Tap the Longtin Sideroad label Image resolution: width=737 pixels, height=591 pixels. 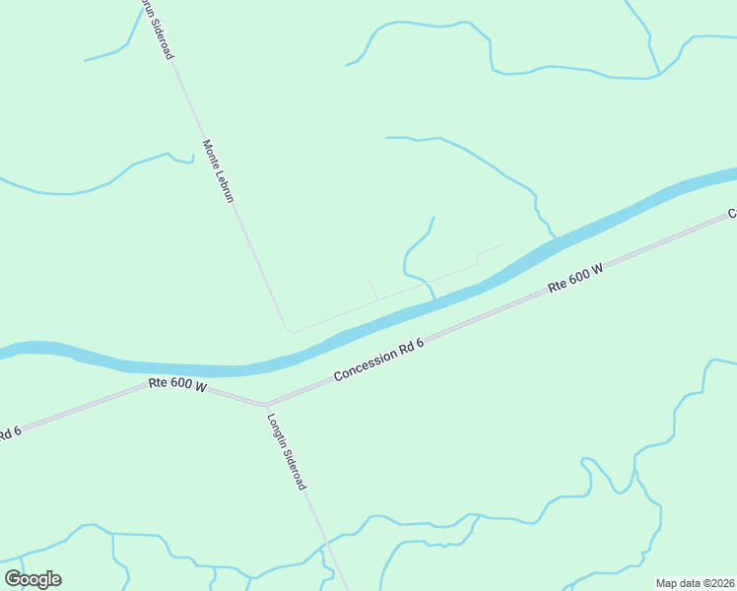click(x=287, y=451)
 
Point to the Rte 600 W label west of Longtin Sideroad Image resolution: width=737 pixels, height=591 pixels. click(x=177, y=386)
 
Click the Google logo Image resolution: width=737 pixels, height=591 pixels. click(x=33, y=579)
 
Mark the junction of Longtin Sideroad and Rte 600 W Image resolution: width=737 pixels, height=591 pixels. click(x=264, y=404)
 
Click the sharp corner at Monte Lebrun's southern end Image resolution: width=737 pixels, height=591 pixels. click(x=286, y=329)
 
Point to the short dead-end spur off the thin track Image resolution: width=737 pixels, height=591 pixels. click(x=373, y=290)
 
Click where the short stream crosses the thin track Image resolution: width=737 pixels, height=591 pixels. click(x=429, y=284)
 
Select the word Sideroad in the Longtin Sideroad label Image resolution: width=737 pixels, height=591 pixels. click(x=295, y=468)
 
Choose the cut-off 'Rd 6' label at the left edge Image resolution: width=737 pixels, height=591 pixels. click(x=9, y=431)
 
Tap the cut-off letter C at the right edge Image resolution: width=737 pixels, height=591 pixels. click(x=732, y=213)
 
